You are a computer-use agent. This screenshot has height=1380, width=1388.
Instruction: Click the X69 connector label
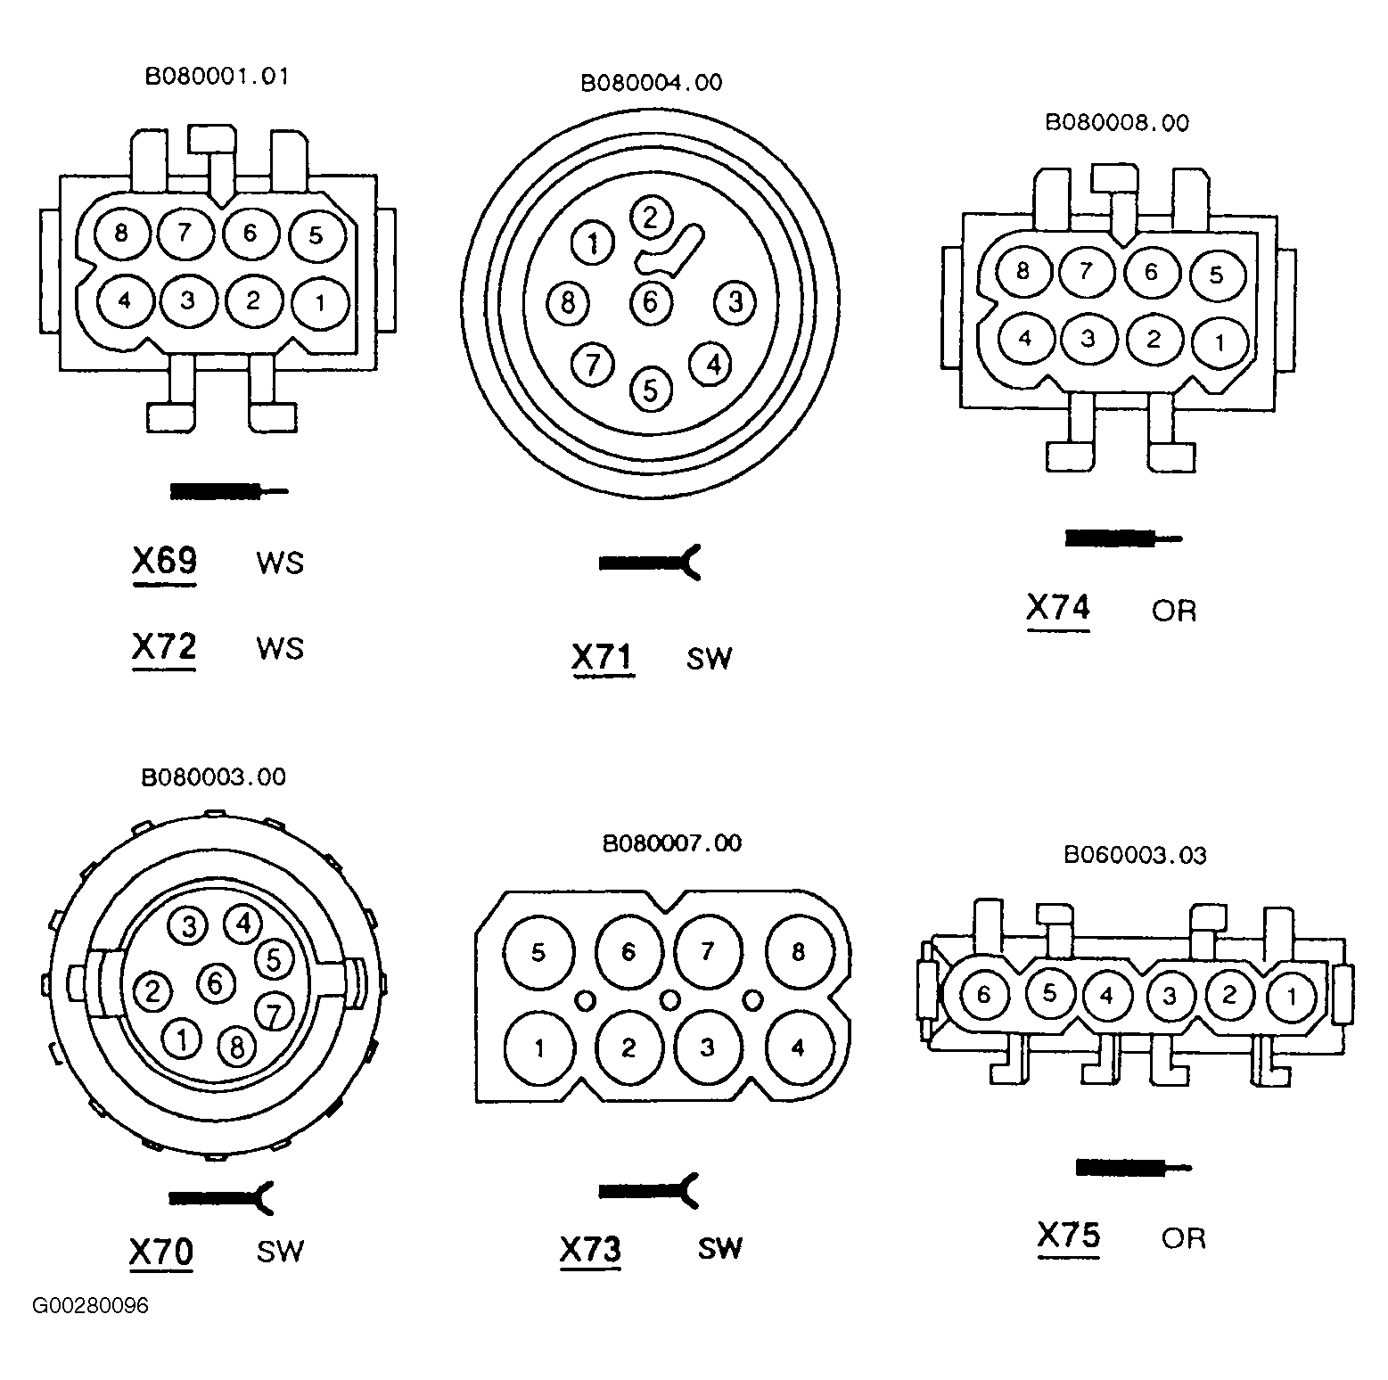164,562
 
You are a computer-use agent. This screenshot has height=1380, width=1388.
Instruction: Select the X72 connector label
164,647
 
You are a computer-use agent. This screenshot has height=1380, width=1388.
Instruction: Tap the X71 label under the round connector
603,658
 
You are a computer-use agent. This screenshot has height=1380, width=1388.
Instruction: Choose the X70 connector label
161,1252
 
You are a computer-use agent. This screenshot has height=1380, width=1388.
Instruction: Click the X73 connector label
590,1249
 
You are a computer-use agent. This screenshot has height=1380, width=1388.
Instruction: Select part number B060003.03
1135,856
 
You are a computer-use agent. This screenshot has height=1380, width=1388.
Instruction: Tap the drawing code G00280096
91,1306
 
